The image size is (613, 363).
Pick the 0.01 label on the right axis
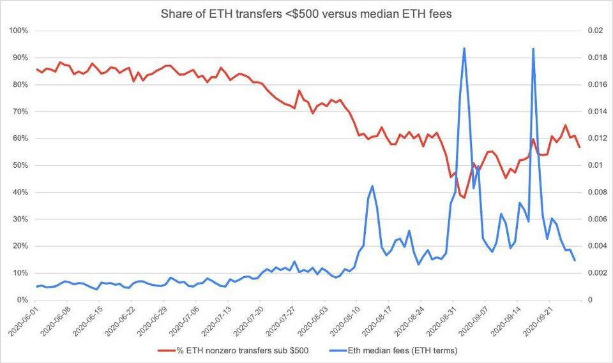pyautogui.click(x=587, y=165)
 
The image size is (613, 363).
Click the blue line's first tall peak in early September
pyautogui.click(x=464, y=48)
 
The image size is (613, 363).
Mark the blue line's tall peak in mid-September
pyautogui.click(x=533, y=49)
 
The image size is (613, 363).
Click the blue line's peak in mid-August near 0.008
pyautogui.click(x=372, y=186)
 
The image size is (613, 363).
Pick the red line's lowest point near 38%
pyautogui.click(x=464, y=197)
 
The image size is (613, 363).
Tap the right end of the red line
pyautogui.click(x=579, y=147)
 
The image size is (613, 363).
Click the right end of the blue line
pyautogui.click(x=575, y=260)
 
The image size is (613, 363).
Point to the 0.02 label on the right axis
pyautogui.click(x=587, y=31)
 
